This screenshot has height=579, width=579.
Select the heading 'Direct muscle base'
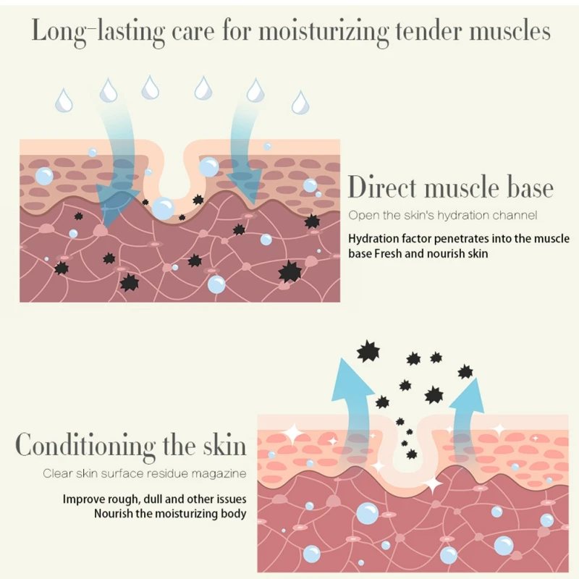(450, 187)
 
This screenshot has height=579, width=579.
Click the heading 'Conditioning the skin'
(131, 444)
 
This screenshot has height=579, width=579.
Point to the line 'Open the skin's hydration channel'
(443, 215)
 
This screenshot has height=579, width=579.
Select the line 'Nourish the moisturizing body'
(170, 514)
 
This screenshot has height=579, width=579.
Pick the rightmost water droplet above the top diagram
(300, 101)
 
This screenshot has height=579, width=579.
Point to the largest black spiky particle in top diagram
(290, 271)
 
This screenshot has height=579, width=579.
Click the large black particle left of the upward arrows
(368, 352)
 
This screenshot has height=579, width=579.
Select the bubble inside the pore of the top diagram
(163, 208)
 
